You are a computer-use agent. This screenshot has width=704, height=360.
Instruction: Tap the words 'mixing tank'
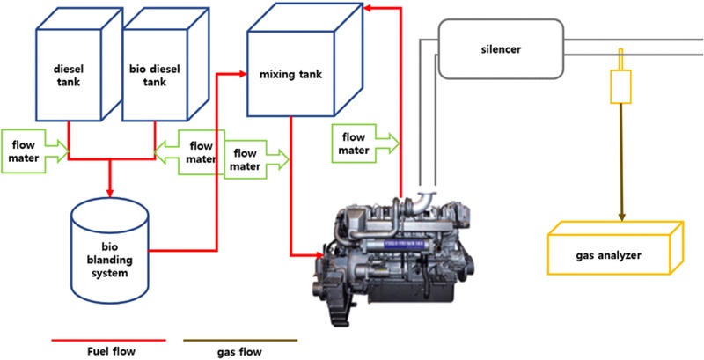pyautogui.click(x=290, y=74)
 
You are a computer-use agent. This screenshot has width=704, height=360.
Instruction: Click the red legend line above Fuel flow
pyautogui.click(x=109, y=339)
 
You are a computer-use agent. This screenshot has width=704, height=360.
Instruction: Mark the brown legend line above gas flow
pyautogui.click(x=239, y=339)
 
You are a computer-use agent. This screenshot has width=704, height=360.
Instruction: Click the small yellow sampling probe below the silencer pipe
pyautogui.click(x=623, y=84)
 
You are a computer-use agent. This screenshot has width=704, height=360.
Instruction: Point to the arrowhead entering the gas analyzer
pyautogui.click(x=623, y=217)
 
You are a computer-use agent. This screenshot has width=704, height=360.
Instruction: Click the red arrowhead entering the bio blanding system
pyautogui.click(x=110, y=191)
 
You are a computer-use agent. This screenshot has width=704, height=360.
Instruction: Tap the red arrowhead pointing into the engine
pyautogui.click(x=318, y=256)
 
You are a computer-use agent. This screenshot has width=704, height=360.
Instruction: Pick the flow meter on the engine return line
pyautogui.click(x=364, y=143)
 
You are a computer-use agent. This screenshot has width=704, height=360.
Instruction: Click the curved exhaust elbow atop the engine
pyautogui.click(x=429, y=197)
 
